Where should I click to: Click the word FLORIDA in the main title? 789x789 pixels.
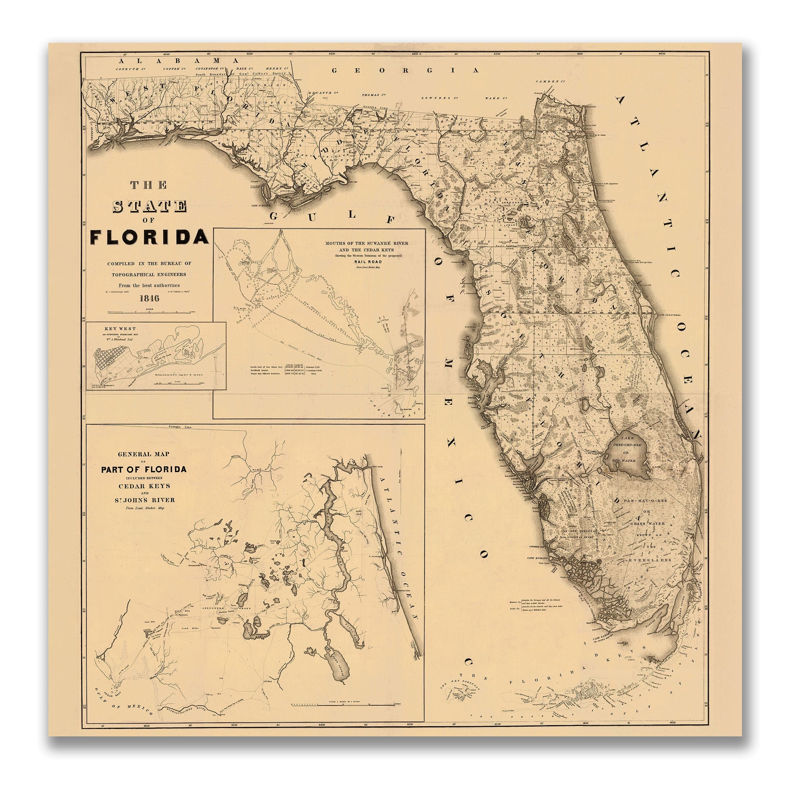pyautogui.click(x=150, y=237)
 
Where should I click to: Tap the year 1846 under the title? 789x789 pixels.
pyautogui.click(x=150, y=298)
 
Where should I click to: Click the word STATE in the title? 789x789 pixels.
pyautogui.click(x=150, y=207)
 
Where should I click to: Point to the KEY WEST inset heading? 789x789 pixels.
pyautogui.click(x=120, y=329)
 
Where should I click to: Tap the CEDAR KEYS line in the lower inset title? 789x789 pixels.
pyautogui.click(x=144, y=486)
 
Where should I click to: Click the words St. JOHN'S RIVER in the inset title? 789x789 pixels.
pyautogui.click(x=144, y=500)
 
